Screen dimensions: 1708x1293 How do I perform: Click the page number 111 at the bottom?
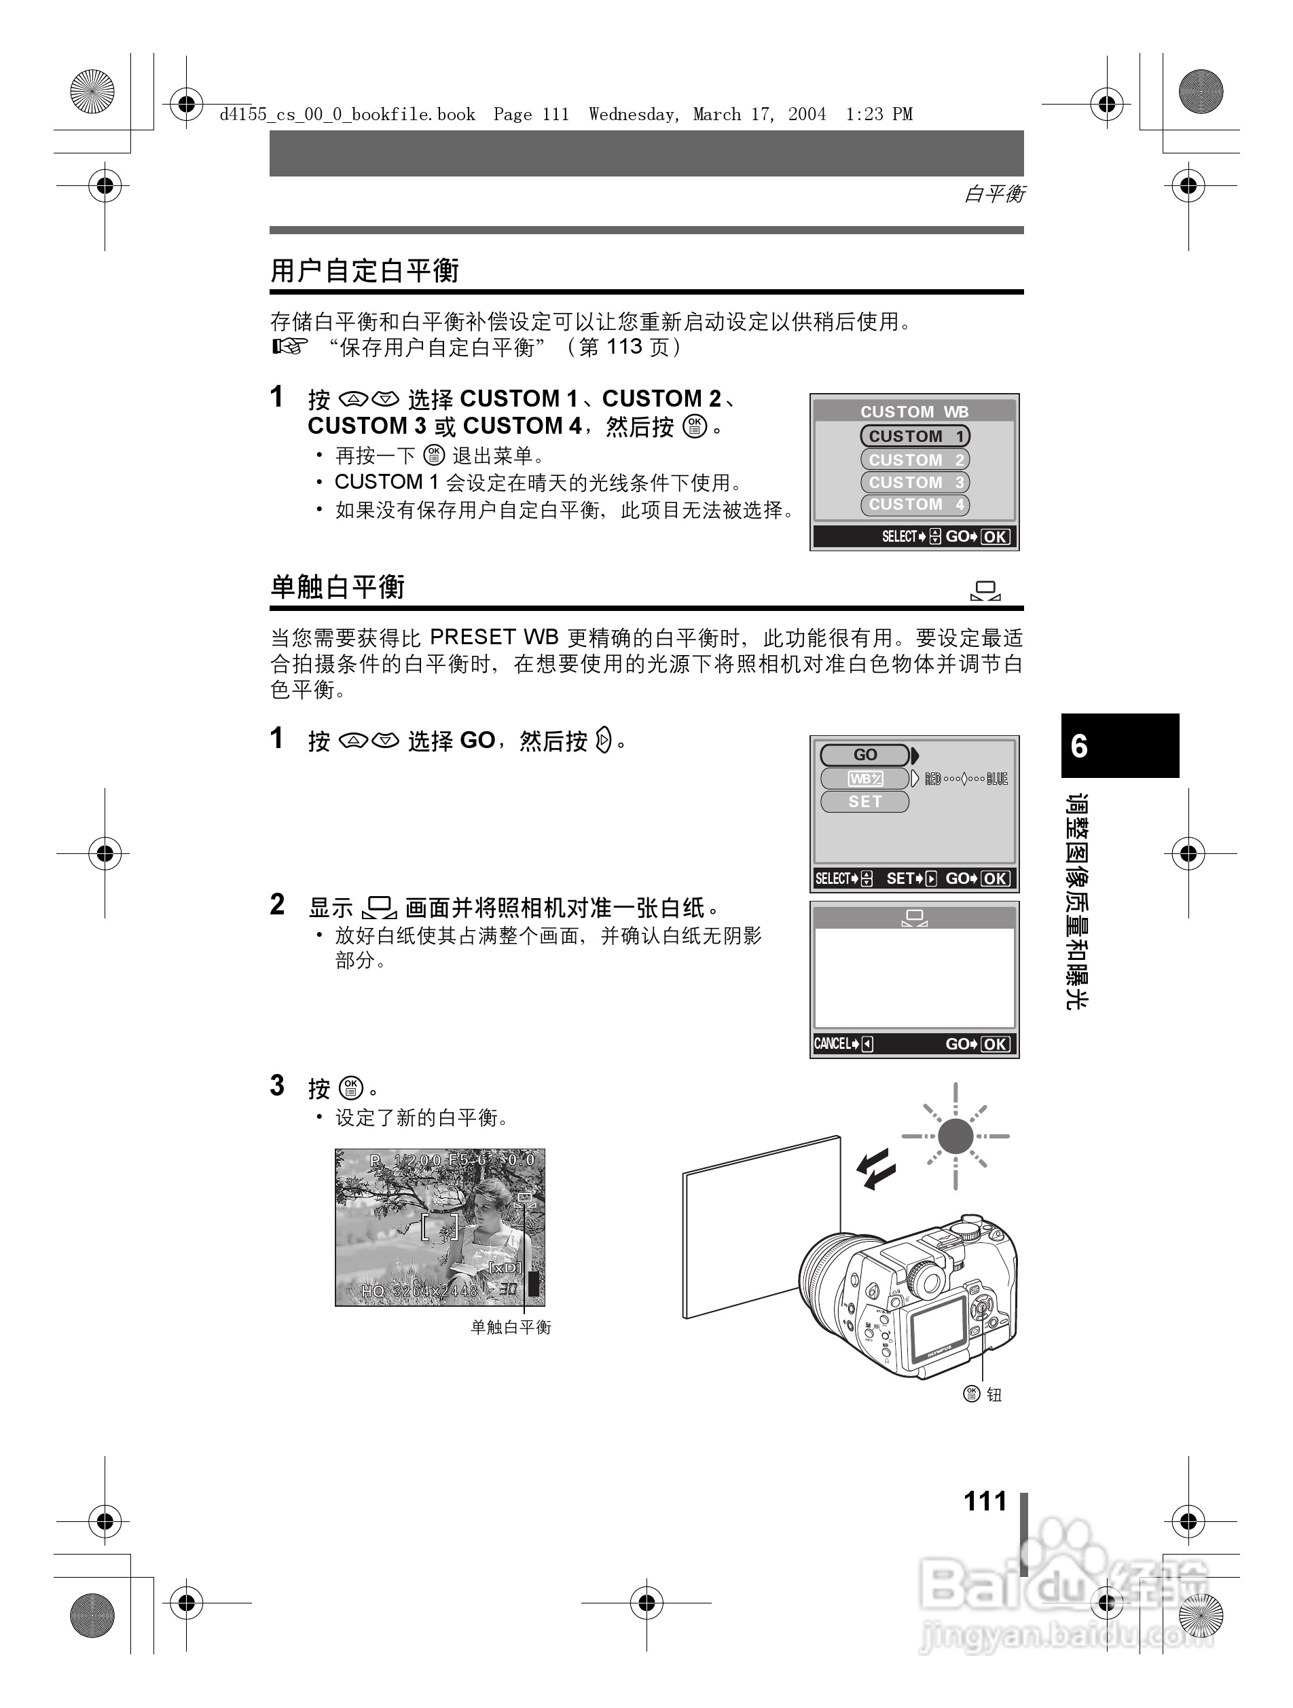coord(985,1500)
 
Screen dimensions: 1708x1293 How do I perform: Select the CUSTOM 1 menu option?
coord(915,437)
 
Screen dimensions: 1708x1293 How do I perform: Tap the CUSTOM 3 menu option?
coord(915,483)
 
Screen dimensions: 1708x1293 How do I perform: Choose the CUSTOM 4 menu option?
coord(915,505)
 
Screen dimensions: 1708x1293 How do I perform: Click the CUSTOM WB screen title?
coord(915,411)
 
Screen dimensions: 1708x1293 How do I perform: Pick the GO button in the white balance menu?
coord(864,755)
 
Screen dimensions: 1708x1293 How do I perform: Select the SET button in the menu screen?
coord(864,802)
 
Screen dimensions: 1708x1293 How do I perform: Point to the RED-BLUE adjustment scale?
coord(966,779)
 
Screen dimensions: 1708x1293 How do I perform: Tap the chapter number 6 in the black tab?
coord(1079,746)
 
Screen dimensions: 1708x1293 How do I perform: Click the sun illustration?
coord(955,1136)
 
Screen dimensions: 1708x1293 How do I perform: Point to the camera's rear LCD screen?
coord(937,1325)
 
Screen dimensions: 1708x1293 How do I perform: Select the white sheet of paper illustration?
coord(760,1228)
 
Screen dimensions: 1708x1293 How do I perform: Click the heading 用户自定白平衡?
coord(365,271)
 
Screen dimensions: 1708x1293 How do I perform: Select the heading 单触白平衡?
coord(338,587)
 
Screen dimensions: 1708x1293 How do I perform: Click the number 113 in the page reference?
coord(624,347)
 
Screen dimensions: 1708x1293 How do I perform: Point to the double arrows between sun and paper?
coord(877,1168)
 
